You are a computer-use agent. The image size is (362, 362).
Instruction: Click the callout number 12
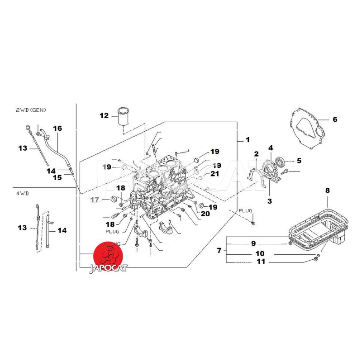pyautogui.click(x=105, y=115)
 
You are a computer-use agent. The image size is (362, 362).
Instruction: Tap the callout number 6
pyautogui.click(x=335, y=119)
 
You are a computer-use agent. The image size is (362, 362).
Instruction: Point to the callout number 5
pyautogui.click(x=299, y=161)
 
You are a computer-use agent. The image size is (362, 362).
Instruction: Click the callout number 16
pyautogui.click(x=57, y=128)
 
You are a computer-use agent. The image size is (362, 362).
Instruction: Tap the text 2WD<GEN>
pyautogui.click(x=31, y=110)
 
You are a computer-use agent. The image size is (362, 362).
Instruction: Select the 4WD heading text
pyautogui.click(x=22, y=193)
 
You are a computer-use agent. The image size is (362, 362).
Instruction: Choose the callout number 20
pyautogui.click(x=205, y=214)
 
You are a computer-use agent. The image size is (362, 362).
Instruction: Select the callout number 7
pyautogui.click(x=219, y=250)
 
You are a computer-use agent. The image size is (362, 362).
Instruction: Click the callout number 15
pyautogui.click(x=57, y=177)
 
